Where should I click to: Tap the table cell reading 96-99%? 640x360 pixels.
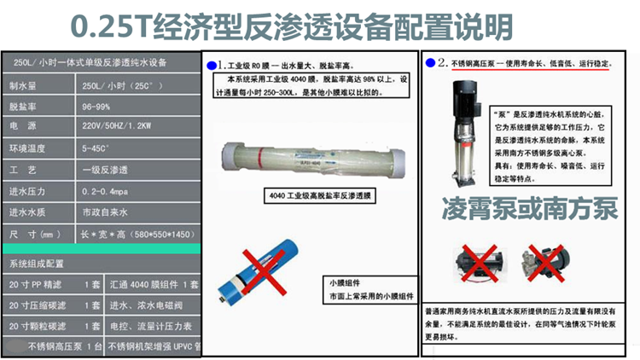click(97, 108)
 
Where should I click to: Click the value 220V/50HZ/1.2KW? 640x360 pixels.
click(114, 127)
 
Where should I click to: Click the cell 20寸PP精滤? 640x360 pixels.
click(35, 284)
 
